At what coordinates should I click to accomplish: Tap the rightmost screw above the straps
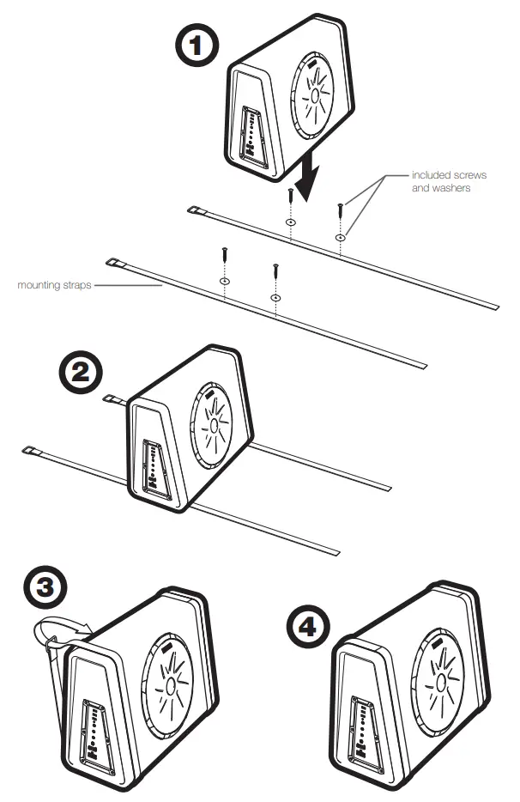click(341, 209)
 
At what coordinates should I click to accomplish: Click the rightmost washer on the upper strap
click(341, 236)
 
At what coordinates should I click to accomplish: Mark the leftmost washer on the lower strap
click(224, 281)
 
